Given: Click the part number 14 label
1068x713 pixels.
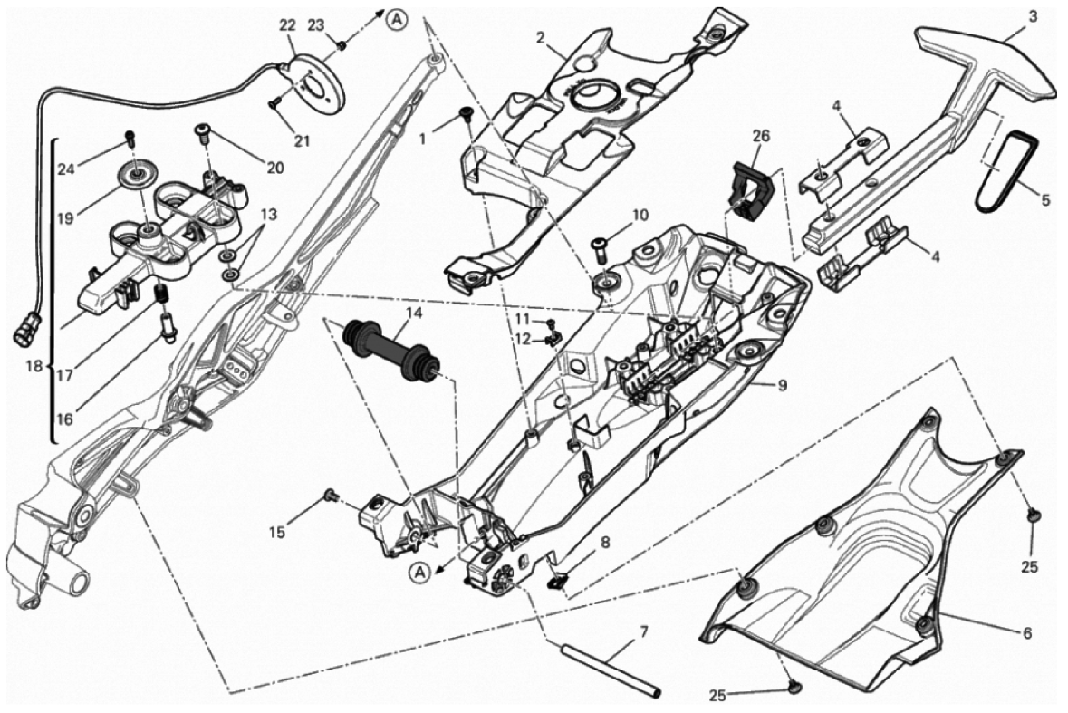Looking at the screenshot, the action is pyautogui.click(x=415, y=314).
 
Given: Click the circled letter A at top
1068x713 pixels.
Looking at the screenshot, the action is pyautogui.click(x=397, y=21).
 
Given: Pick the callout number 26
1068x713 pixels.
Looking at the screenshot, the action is pyautogui.click(x=761, y=137).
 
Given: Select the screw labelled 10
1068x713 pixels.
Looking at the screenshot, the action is pyautogui.click(x=604, y=248).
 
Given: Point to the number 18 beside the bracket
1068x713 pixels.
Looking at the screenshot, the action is pyautogui.click(x=34, y=367).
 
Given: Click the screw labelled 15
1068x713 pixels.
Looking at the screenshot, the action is pyautogui.click(x=332, y=495).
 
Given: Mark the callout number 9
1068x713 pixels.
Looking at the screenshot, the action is pyautogui.click(x=782, y=385).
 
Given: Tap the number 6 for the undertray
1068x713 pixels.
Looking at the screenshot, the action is pyautogui.click(x=1026, y=633).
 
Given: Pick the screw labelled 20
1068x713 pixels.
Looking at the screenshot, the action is pyautogui.click(x=203, y=131).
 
